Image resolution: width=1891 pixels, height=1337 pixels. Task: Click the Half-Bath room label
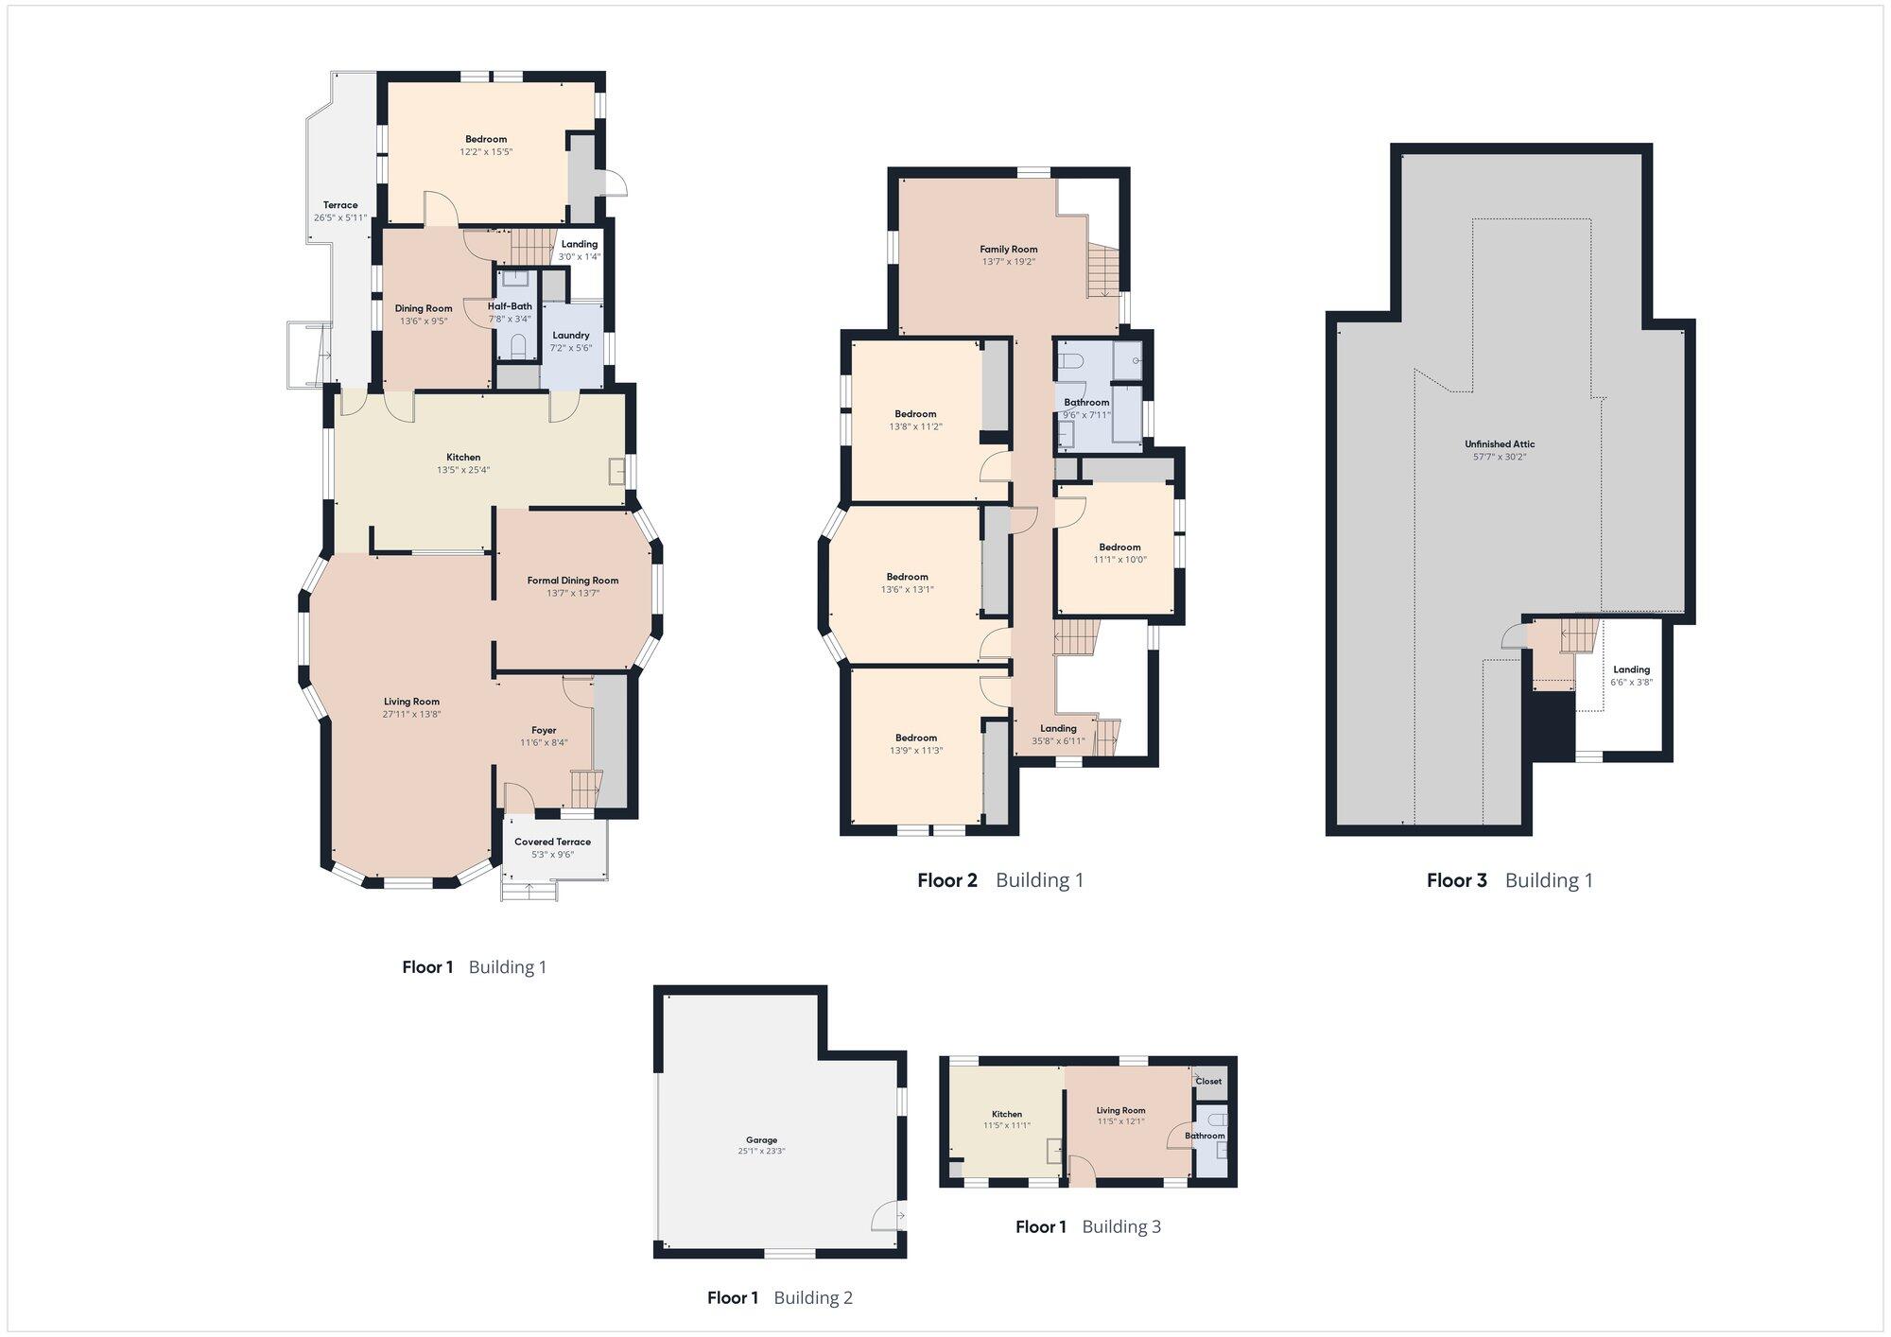[x=510, y=306]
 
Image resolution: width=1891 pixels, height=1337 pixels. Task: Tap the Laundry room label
[x=571, y=336]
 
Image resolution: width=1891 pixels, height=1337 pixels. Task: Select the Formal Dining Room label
[x=573, y=581]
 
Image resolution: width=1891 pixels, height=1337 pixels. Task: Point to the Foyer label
[x=544, y=730]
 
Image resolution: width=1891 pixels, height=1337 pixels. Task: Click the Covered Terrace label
[x=552, y=842]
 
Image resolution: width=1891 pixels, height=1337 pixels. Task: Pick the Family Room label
[x=1009, y=250]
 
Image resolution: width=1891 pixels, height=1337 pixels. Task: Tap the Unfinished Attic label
[x=1500, y=444]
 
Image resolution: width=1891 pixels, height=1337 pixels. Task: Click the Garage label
[x=762, y=1140]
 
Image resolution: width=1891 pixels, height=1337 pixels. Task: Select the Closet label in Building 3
[x=1208, y=1081]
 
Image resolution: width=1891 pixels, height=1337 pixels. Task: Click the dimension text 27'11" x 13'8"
[x=412, y=714]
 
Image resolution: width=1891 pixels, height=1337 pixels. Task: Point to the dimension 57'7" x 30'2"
[x=1500, y=457]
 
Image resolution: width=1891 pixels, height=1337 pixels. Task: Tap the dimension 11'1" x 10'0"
[x=1119, y=559]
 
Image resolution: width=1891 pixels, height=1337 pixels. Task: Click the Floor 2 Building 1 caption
[x=1000, y=880]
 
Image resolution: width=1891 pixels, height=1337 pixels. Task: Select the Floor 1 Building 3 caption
[x=1088, y=1226]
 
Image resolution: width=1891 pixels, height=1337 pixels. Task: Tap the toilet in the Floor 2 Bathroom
[x=1070, y=359]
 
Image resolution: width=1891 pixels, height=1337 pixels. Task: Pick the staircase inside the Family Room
[x=1102, y=270]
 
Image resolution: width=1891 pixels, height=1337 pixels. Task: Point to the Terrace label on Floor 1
[x=340, y=205]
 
